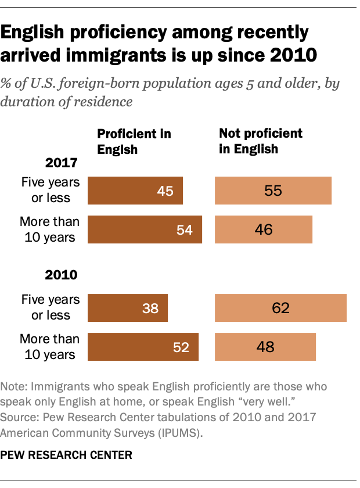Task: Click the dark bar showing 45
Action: [x=135, y=191]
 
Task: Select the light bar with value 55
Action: [x=273, y=191]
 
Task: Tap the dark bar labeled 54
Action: [x=144, y=229]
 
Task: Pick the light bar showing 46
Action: [x=264, y=229]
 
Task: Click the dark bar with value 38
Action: [x=127, y=308]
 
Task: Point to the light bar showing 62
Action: [x=280, y=308]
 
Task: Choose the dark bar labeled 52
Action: [x=142, y=347]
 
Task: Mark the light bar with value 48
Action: [x=265, y=347]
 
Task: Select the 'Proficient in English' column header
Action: [x=134, y=141]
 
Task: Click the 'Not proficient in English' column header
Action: [x=260, y=141]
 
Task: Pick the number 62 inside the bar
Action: [x=280, y=308]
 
